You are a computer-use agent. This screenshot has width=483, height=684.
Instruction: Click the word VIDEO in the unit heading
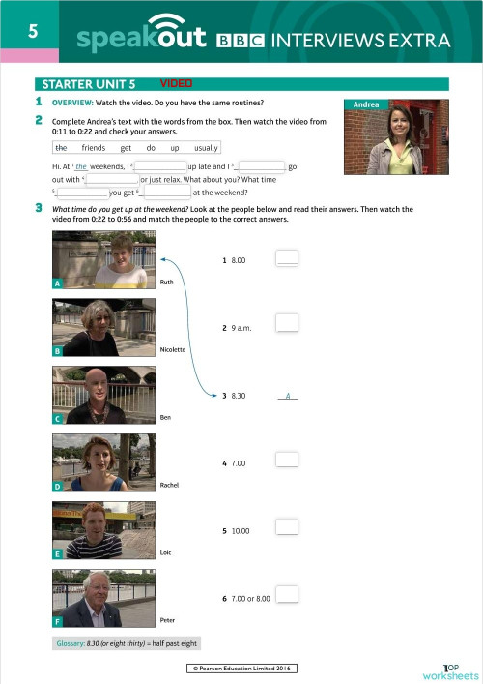(177, 84)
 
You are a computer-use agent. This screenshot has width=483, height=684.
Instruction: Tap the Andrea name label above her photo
(367, 104)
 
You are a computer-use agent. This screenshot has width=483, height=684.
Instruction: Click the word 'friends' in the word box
(94, 148)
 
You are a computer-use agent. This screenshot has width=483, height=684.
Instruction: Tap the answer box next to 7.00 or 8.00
(287, 596)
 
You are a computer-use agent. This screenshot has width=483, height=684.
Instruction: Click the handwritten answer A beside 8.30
(289, 395)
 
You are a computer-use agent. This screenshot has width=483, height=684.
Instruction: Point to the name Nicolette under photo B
(173, 349)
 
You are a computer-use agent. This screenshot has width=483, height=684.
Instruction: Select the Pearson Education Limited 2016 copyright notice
(241, 669)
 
